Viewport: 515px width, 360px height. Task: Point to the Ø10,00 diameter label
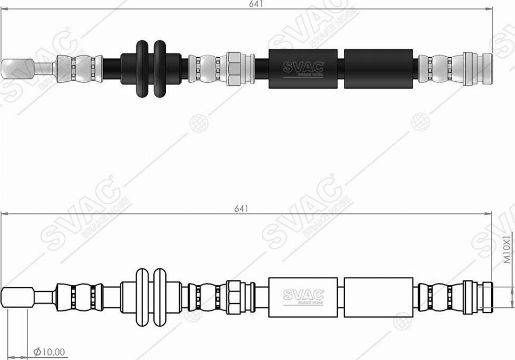50,351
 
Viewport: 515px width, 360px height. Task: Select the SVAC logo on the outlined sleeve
303,295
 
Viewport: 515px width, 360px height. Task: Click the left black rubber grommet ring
142,68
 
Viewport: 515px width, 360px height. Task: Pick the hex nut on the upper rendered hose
233,69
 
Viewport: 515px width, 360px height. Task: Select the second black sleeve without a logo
378,69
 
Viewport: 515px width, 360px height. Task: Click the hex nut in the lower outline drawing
233,296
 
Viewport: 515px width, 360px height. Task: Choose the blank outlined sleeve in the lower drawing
378,296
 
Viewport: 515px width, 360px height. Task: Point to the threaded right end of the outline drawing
486,296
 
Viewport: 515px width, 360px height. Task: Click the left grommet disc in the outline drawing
142,297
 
